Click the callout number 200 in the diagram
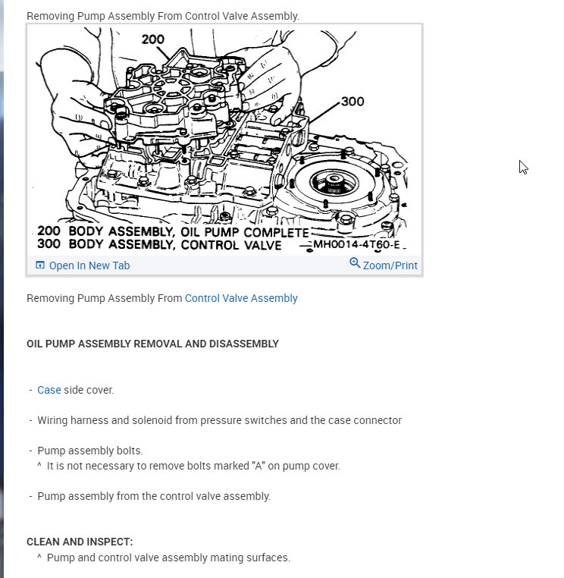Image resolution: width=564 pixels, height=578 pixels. coord(153,39)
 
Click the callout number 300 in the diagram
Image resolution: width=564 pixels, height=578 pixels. coord(352,102)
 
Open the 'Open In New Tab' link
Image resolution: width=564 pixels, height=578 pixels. coord(89,265)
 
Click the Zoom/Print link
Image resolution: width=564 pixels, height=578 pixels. coord(390,265)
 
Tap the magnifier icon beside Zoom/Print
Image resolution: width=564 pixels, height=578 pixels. coord(355,263)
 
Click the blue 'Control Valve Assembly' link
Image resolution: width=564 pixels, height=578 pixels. coord(241,298)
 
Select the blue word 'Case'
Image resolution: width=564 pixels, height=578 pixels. coord(49,390)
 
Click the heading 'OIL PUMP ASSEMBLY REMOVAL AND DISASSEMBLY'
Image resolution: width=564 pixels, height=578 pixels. coord(152,344)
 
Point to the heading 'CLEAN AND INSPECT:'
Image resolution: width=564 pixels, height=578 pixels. coord(80,542)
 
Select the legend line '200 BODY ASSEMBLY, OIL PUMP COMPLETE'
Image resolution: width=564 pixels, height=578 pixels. coord(173,232)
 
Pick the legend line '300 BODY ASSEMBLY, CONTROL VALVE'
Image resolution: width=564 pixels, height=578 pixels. coord(159,245)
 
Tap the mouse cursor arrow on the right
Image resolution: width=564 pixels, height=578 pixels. coord(523,167)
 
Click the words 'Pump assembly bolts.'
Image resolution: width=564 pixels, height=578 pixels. coord(90,451)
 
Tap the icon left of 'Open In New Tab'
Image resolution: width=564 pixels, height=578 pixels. coord(40,265)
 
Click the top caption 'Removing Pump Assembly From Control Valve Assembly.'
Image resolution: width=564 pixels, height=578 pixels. coord(163,16)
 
